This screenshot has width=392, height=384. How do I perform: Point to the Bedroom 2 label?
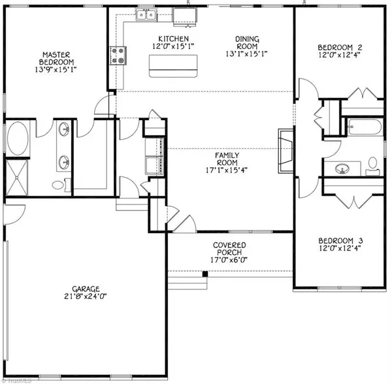pos(339,48)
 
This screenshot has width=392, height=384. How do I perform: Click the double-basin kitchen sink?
pos(145,14)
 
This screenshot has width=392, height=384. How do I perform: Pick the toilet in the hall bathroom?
pos(372,164)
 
